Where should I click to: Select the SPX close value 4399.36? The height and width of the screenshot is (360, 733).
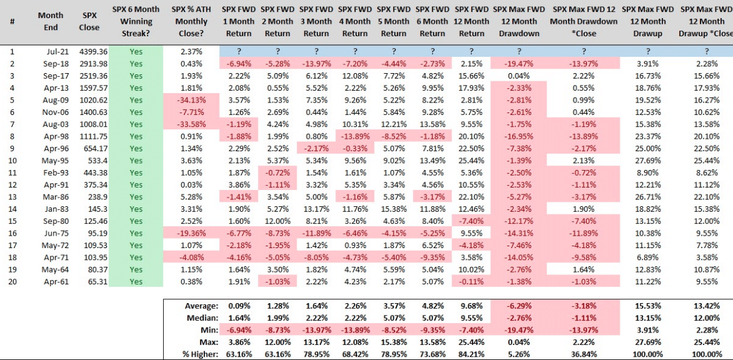click(89, 51)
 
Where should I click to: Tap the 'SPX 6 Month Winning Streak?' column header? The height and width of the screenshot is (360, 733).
click(136, 21)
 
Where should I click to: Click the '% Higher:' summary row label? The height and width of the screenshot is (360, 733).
click(199, 354)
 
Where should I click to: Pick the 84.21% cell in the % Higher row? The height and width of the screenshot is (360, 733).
click(471, 354)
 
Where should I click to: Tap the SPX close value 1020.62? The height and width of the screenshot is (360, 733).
click(89, 99)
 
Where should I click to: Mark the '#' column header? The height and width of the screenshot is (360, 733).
click(12, 21)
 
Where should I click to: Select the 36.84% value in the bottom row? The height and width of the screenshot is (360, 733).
click(584, 354)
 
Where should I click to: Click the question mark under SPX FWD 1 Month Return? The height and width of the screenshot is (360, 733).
click(238, 51)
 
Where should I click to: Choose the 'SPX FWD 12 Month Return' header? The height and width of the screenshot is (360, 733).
click(471, 21)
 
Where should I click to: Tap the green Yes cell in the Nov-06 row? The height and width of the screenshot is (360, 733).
click(136, 111)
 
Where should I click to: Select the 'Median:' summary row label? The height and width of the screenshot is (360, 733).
click(202, 318)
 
